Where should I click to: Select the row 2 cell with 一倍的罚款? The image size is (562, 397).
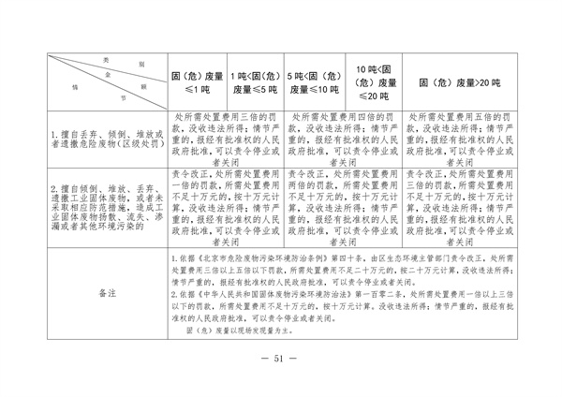[224, 207]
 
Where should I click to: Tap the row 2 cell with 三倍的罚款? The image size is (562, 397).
[455, 207]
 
